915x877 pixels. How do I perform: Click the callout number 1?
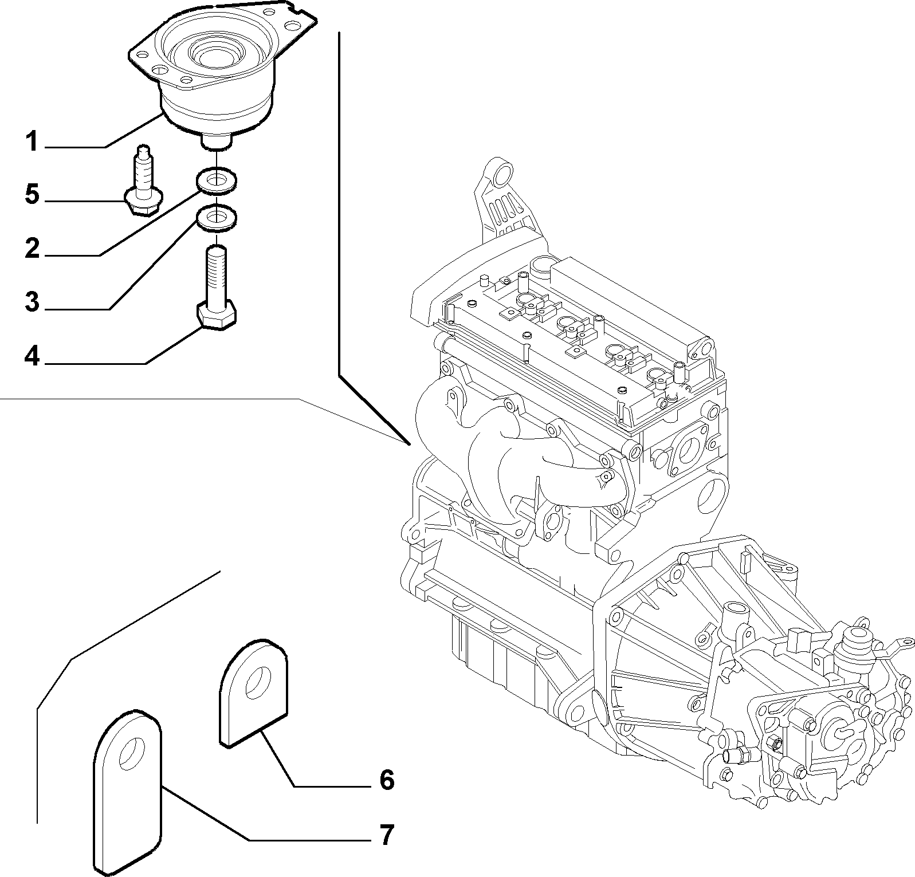(32, 141)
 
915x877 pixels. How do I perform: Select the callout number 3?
(32, 302)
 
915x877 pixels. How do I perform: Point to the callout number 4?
(32, 356)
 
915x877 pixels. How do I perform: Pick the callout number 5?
(32, 195)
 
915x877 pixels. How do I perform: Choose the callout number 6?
(387, 780)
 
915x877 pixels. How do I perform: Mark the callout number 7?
(387, 835)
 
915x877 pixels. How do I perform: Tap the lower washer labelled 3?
(218, 218)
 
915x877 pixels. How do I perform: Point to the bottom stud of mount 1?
(217, 141)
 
